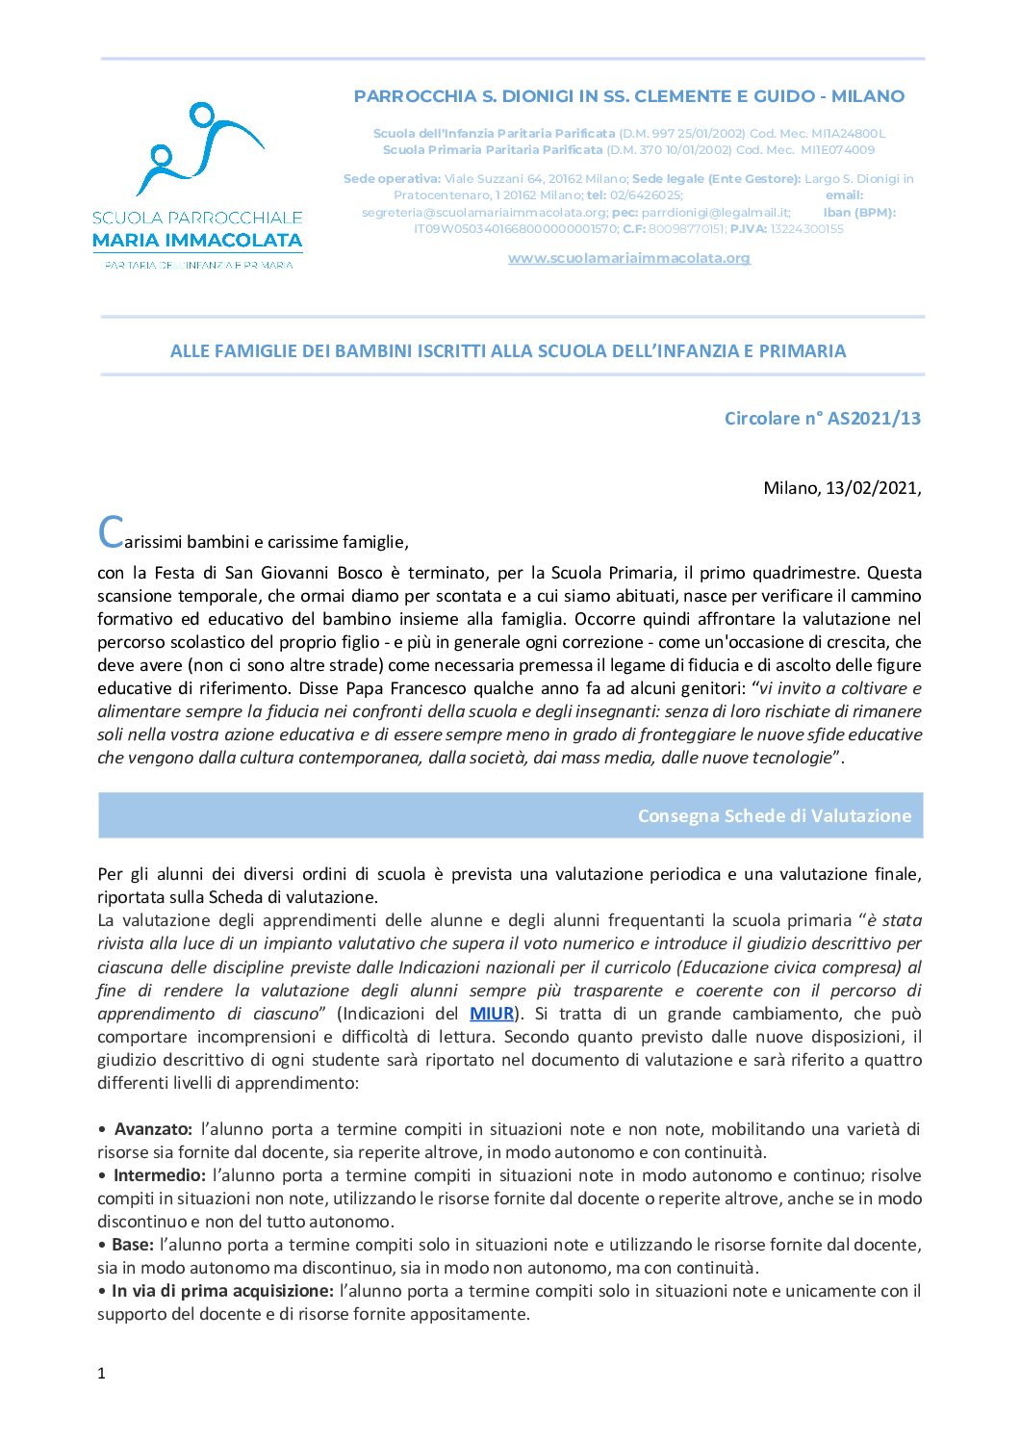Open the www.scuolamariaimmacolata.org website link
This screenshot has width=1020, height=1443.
pyautogui.click(x=628, y=258)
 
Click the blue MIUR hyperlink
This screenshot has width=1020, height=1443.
pyautogui.click(x=492, y=1014)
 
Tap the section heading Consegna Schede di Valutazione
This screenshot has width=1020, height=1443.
pyautogui.click(x=774, y=815)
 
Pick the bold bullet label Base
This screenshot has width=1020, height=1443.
pyautogui.click(x=132, y=1245)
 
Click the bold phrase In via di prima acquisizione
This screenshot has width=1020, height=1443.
pyautogui.click(x=222, y=1291)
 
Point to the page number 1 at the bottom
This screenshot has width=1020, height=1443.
pyautogui.click(x=101, y=1374)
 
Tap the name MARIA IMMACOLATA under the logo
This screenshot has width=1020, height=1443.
pyautogui.click(x=197, y=241)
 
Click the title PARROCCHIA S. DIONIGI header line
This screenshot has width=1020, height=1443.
pyautogui.click(x=628, y=96)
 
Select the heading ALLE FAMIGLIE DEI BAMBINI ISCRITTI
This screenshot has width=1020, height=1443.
pyautogui.click(x=508, y=351)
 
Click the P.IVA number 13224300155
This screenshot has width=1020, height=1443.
pyautogui.click(x=806, y=229)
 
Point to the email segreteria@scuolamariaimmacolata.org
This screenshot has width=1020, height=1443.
pyautogui.click(x=484, y=213)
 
